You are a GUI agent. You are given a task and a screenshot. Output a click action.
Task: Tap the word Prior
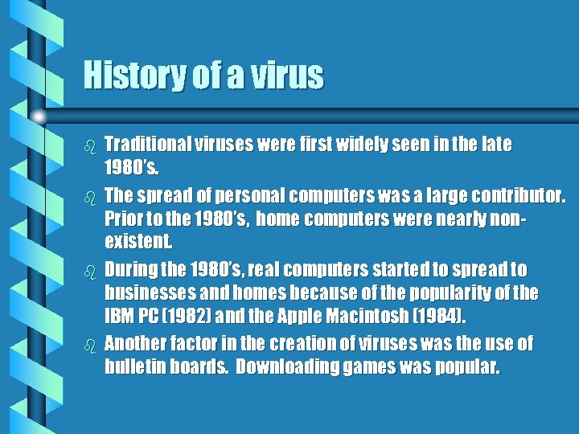[x=125, y=218]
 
